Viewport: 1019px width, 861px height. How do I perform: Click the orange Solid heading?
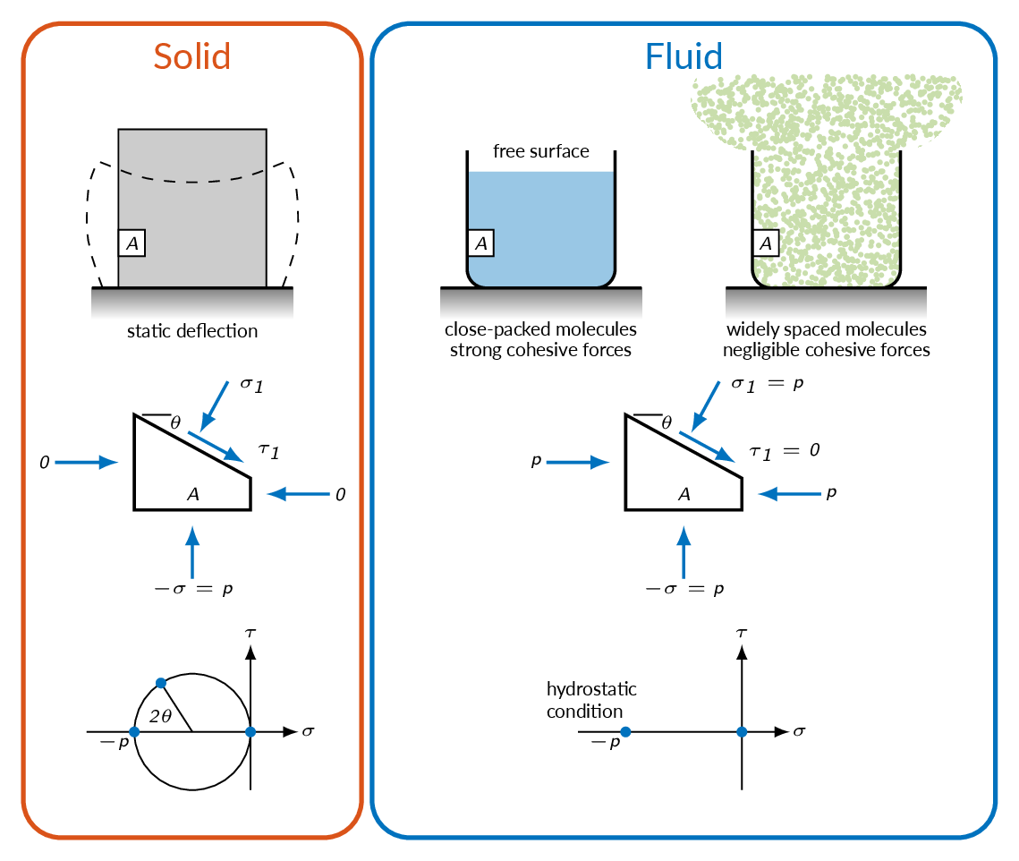tap(191, 56)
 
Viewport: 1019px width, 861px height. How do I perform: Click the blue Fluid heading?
tap(684, 56)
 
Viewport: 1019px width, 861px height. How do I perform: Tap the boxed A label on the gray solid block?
tap(132, 243)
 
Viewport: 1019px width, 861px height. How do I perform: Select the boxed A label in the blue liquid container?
tap(481, 243)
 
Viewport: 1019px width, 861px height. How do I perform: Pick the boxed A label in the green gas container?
tap(766, 243)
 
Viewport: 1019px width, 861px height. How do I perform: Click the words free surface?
tap(540, 151)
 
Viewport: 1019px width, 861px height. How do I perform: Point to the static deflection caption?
tap(192, 331)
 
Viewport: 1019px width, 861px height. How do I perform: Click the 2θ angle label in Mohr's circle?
tap(160, 716)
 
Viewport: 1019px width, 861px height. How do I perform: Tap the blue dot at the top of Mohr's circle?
tap(161, 683)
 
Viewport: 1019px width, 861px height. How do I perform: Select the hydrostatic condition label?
tap(591, 700)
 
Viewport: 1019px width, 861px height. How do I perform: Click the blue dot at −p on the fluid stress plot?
tap(625, 731)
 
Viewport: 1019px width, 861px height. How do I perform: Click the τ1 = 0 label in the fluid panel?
tap(785, 451)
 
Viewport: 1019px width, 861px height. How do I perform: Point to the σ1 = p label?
tap(768, 384)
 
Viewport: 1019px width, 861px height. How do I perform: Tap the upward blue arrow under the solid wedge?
tap(192, 552)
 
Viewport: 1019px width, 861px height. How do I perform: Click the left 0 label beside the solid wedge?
tap(44, 463)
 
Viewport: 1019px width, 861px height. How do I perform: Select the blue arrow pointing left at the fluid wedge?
tap(790, 494)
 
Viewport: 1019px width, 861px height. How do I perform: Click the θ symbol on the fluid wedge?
tap(667, 422)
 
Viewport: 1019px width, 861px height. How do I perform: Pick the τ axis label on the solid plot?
tap(251, 632)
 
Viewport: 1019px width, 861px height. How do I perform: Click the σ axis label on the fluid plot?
tap(799, 731)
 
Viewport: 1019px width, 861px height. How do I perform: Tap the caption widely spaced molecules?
tap(826, 329)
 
